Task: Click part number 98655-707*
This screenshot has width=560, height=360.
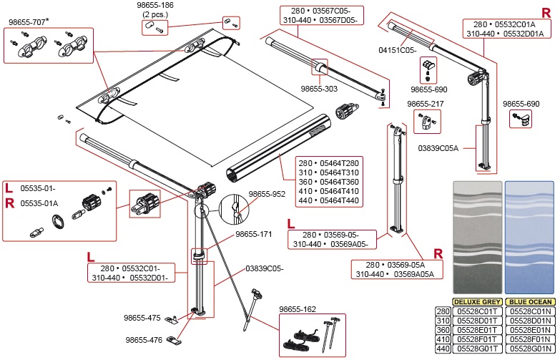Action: pyautogui.click(x=29, y=22)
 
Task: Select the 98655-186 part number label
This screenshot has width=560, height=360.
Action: pyautogui.click(x=155, y=5)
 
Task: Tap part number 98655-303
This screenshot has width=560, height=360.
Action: pyautogui.click(x=320, y=89)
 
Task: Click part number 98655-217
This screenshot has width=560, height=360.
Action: pyautogui.click(x=426, y=104)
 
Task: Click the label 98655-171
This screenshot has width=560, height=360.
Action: pyautogui.click(x=255, y=234)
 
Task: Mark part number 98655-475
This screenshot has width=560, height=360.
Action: pyautogui.click(x=142, y=318)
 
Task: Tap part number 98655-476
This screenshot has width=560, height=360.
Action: pyautogui.click(x=144, y=340)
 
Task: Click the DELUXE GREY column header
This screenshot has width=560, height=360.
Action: pyautogui.click(x=477, y=302)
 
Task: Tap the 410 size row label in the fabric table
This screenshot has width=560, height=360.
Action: pyautogui.click(x=443, y=339)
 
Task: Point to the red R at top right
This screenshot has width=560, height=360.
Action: pyautogui.click(x=546, y=13)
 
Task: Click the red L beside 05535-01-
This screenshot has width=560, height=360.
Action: pyautogui.click(x=8, y=188)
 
